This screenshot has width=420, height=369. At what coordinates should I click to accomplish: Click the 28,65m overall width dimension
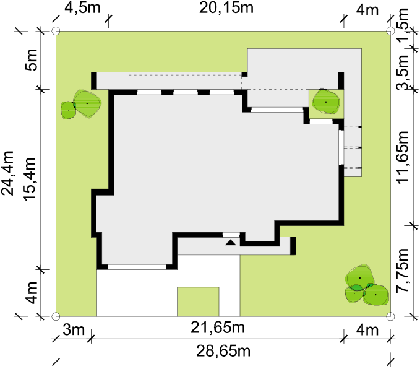(x=223, y=351)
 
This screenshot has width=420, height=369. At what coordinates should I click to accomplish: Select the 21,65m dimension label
(x=218, y=328)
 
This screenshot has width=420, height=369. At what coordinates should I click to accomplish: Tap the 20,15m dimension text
(x=226, y=8)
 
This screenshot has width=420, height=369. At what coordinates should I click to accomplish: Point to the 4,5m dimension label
(x=83, y=8)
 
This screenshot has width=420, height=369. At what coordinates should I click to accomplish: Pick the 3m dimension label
(x=74, y=329)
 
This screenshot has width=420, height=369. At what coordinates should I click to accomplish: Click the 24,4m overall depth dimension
(x=7, y=173)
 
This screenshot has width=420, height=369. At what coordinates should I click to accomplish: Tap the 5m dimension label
(x=31, y=60)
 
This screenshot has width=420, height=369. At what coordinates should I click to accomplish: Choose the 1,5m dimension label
(x=403, y=25)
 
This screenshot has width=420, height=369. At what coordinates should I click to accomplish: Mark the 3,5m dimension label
(x=403, y=72)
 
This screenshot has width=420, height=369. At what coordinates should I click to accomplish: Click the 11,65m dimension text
(x=403, y=157)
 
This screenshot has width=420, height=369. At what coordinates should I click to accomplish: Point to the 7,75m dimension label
(x=403, y=271)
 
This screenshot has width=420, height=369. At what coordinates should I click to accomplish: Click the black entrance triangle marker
(x=231, y=243)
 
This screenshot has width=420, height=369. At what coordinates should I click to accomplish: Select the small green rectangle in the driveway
(x=198, y=302)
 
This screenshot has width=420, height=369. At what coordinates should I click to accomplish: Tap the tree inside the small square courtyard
(x=326, y=102)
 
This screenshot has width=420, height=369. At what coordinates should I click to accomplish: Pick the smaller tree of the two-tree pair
(x=68, y=110)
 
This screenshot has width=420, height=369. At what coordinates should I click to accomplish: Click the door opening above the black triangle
(x=231, y=235)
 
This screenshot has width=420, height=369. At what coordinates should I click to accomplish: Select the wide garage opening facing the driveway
(x=137, y=267)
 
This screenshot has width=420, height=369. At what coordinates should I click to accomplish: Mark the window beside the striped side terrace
(x=341, y=147)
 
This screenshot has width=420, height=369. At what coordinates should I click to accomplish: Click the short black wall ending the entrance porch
(x=293, y=246)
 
